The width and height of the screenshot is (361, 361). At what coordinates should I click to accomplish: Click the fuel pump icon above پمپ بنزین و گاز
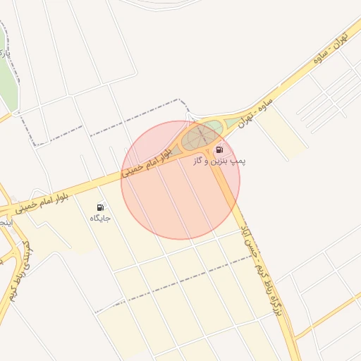pos(219,149)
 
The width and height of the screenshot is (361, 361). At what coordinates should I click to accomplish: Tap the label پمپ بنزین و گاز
pos(219,161)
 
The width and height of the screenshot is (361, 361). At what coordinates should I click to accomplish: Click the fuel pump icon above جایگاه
pos(101,207)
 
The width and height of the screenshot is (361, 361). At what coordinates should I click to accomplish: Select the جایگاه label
pos(100,219)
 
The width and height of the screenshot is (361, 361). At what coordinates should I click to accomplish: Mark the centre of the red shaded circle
pos(180,180)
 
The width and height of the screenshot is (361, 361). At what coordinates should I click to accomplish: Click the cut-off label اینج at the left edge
pos(5,223)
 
